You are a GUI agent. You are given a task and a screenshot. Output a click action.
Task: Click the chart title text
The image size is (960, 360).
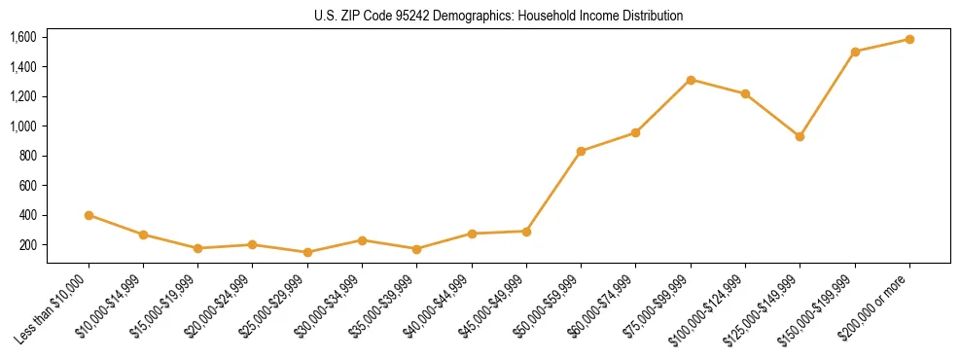[x=499, y=16]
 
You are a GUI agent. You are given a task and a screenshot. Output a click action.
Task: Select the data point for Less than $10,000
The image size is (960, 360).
[x=89, y=215]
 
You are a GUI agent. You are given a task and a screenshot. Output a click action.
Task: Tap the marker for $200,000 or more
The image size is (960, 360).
[x=909, y=39]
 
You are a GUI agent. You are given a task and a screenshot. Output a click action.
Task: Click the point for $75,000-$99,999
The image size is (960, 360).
[x=691, y=80]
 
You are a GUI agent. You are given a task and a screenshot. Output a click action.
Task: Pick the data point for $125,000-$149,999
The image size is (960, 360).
[x=800, y=136]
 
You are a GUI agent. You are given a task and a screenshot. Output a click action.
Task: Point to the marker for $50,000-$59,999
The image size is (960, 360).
[x=581, y=151]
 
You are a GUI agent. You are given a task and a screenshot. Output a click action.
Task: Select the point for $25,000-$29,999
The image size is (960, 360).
[x=307, y=252]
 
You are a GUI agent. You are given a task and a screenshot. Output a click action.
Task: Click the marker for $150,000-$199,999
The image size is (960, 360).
[x=855, y=52]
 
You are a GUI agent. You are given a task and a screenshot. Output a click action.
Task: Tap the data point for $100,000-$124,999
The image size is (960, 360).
[x=745, y=93]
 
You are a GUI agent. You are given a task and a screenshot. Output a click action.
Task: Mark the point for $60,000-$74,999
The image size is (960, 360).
[x=636, y=132]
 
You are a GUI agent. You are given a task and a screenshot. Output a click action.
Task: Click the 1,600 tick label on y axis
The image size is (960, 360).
[x=22, y=37]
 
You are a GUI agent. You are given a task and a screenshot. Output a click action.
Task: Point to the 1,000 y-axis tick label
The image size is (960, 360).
[x=22, y=126]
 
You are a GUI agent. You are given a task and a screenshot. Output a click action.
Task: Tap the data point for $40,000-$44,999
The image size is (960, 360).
[x=472, y=234]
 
